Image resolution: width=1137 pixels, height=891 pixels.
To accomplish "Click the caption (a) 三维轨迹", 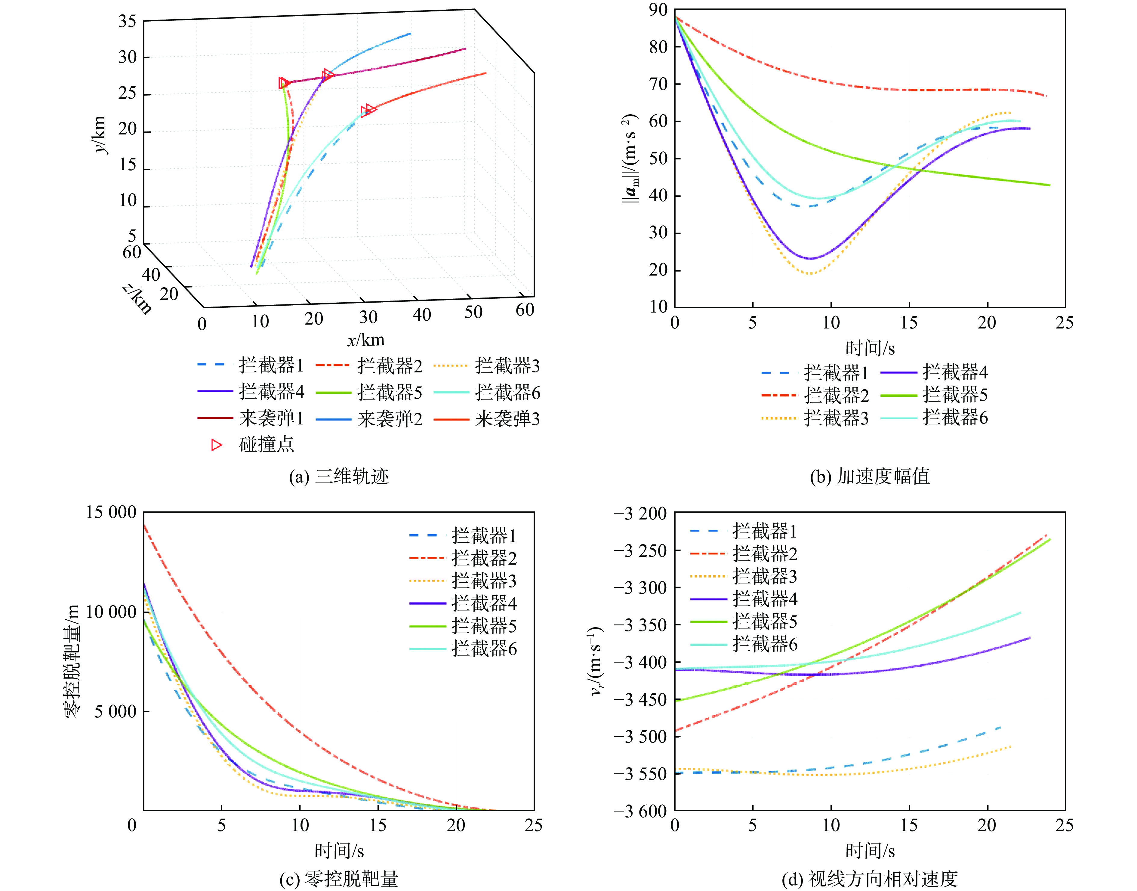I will point(339,476).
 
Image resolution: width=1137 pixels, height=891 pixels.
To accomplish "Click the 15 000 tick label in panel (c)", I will point(111,512).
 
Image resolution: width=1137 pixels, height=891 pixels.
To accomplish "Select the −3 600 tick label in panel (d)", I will point(640,811).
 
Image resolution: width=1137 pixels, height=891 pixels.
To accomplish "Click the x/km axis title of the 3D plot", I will point(366,340).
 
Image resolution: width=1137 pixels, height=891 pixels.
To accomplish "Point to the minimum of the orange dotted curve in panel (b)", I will point(810,274).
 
